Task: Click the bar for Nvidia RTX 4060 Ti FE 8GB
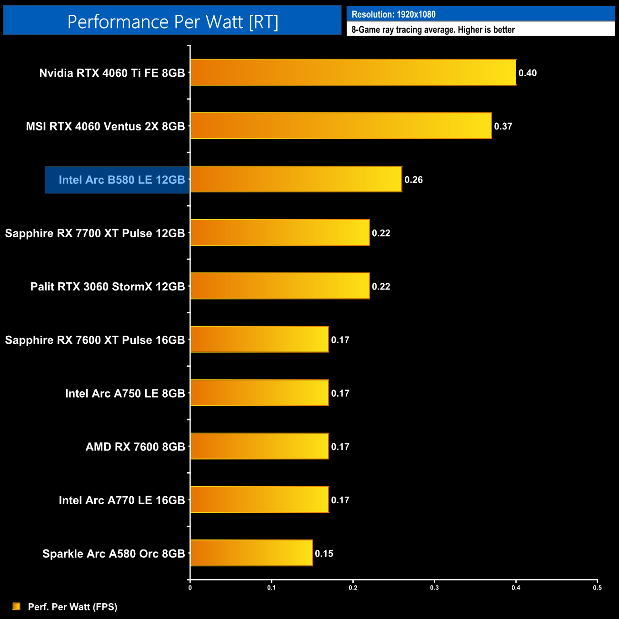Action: click(353, 72)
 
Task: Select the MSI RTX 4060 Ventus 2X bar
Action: click(340, 126)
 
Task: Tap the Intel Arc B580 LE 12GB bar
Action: click(296, 179)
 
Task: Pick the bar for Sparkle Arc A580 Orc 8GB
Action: click(251, 553)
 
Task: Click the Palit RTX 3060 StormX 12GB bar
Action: click(280, 286)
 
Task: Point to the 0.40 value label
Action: click(527, 73)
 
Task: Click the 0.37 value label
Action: click(503, 126)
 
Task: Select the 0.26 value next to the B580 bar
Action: click(413, 180)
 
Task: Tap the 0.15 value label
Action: click(324, 553)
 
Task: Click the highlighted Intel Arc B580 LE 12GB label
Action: click(121, 180)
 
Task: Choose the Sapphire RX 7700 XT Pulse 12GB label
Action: click(95, 233)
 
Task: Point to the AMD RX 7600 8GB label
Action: click(135, 447)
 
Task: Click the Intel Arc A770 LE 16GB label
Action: click(121, 500)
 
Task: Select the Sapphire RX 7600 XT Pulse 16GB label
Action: click(95, 339)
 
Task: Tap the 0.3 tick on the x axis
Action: click(434, 588)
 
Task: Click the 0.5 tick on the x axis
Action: click(597, 588)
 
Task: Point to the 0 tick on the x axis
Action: click(190, 588)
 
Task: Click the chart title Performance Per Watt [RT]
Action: click(172, 21)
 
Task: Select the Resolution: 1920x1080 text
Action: click(393, 14)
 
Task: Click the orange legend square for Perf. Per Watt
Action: click(16, 606)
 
